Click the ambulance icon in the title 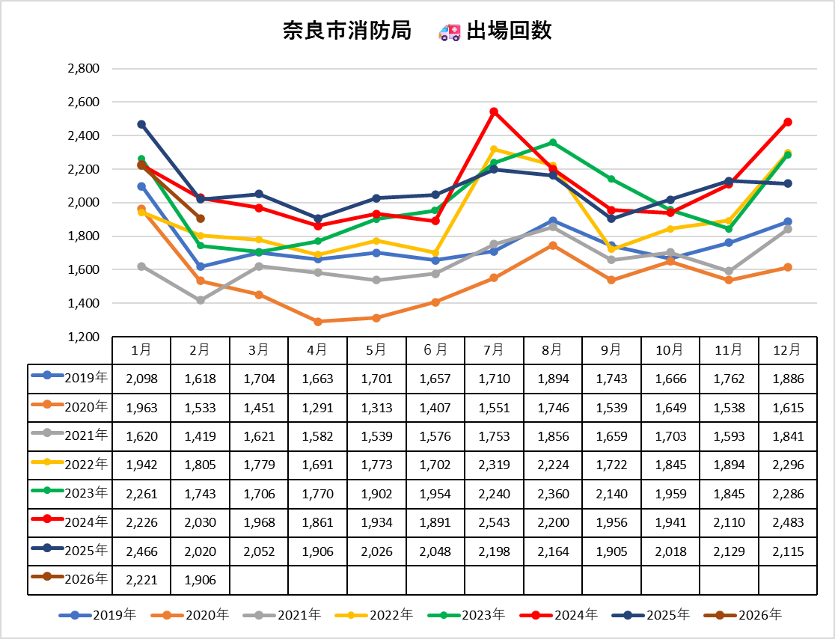click(x=450, y=31)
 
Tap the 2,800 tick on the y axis click(x=84, y=69)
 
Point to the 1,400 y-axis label click(x=84, y=303)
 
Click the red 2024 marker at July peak click(x=494, y=112)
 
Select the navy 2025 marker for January click(x=141, y=124)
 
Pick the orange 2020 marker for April click(x=317, y=322)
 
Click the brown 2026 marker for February click(x=201, y=218)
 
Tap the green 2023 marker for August click(x=553, y=142)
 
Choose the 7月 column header click(x=494, y=349)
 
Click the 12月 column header click(x=788, y=349)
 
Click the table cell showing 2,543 click(x=494, y=522)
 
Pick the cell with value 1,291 click(x=317, y=408)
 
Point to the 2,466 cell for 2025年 click(x=141, y=551)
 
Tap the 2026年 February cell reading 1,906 click(x=201, y=580)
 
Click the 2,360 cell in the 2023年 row click(x=553, y=494)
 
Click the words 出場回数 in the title click(x=509, y=31)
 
